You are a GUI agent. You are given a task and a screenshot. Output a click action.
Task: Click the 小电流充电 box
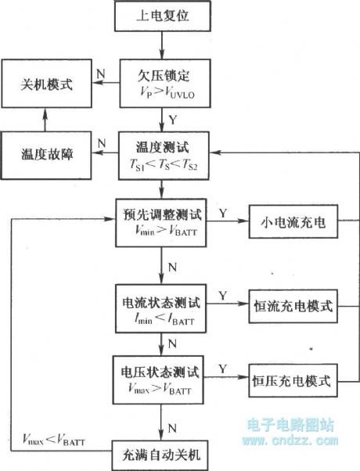[292, 224]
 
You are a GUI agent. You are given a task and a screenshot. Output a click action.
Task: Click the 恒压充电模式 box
[292, 382]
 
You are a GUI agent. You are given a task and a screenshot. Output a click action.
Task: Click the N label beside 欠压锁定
[100, 72]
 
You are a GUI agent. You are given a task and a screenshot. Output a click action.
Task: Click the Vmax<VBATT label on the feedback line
[52, 444]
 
